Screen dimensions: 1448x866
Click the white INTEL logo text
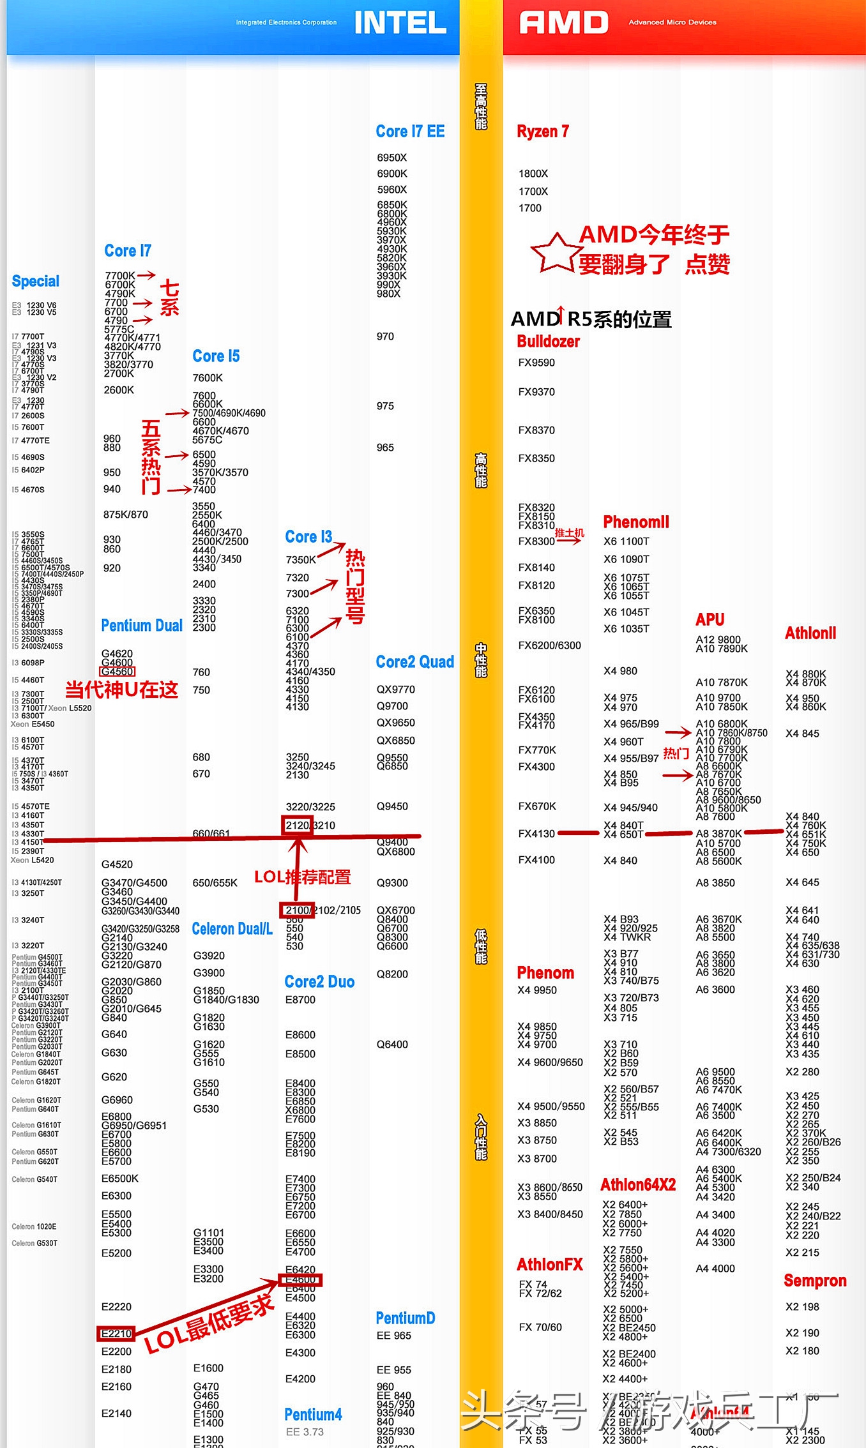point(400,23)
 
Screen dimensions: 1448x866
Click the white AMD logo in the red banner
point(563,23)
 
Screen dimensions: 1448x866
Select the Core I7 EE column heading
point(410,132)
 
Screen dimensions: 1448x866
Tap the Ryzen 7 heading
point(542,132)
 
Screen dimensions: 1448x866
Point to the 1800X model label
point(533,174)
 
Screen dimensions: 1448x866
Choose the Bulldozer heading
point(548,342)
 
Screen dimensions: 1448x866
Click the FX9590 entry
point(536,363)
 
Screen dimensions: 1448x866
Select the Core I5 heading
point(216,356)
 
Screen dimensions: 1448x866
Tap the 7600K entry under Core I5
point(208,378)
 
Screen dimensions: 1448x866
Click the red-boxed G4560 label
point(118,672)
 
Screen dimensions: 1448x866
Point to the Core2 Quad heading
point(414,662)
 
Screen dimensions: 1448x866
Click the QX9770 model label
point(395,690)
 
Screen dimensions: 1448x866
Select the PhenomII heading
point(636,522)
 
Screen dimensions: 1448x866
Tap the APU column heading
point(710,619)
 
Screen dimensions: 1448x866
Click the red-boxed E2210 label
point(116,1334)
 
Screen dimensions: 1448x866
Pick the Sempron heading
point(815,1281)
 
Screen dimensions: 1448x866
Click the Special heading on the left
point(35,282)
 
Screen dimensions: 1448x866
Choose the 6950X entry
point(391,158)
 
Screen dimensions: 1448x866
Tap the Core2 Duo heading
point(319,982)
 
